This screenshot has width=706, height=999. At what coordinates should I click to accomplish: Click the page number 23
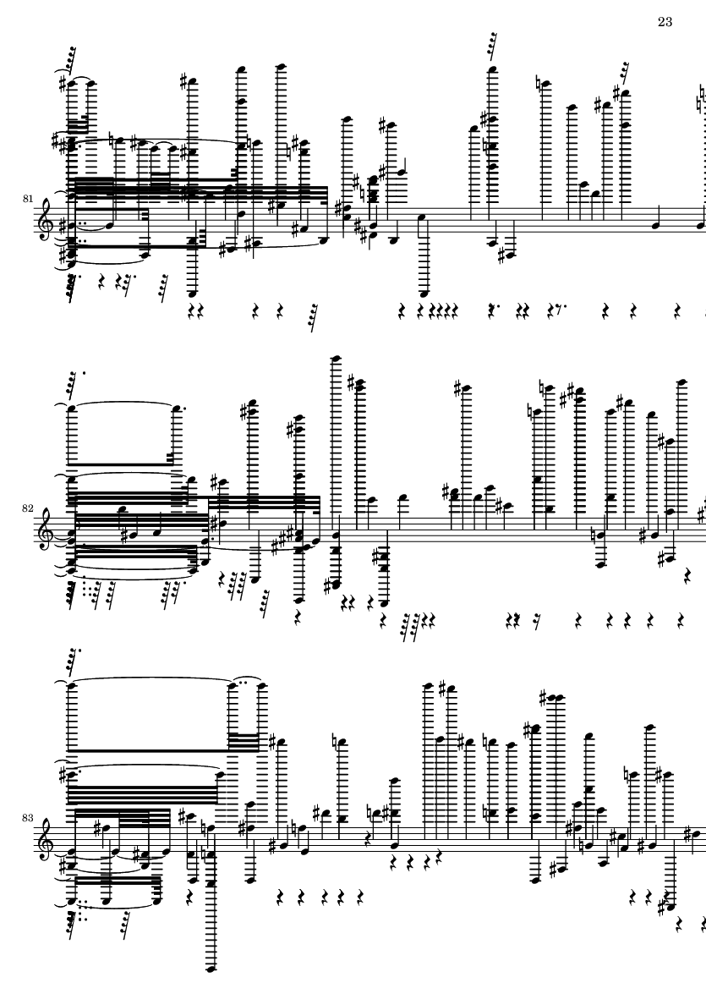point(665,21)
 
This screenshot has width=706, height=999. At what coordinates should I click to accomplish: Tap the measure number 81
point(29,198)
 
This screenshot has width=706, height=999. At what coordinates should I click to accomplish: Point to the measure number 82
point(29,508)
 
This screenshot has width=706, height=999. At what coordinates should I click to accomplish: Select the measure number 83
point(29,819)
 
